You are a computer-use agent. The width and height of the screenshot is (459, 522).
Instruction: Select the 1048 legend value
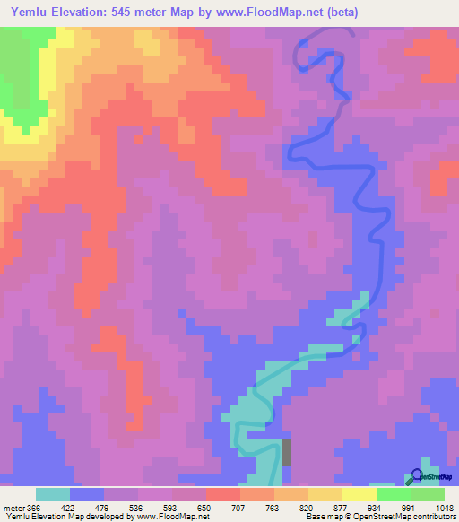pos(444,508)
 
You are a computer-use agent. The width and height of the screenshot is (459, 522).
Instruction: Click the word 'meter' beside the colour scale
pos(13,508)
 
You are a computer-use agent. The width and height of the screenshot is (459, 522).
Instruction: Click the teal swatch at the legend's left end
pos(53,494)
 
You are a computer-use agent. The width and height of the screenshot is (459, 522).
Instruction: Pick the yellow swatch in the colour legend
pos(359,494)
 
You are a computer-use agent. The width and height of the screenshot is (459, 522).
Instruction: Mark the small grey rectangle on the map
pos(287,451)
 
